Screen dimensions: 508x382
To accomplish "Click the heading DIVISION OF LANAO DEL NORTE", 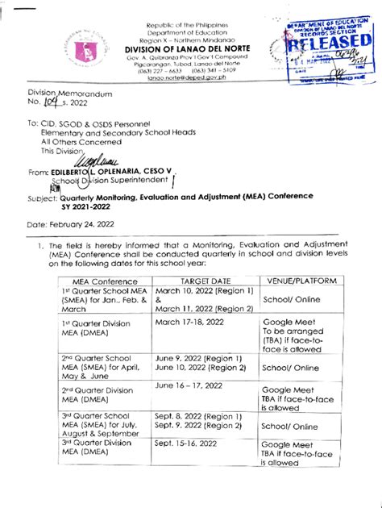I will coord(192,48).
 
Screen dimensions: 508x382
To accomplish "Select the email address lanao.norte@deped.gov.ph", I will coord(191,79).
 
